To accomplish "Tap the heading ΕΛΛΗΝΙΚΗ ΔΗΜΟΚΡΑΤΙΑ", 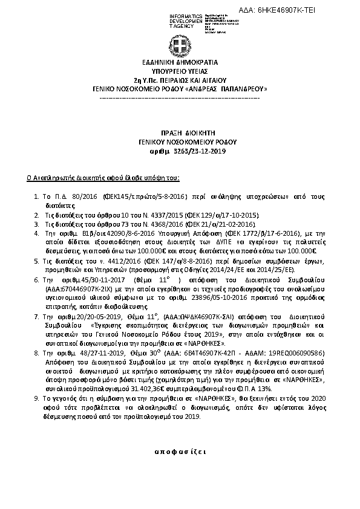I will pyautogui.click(x=179, y=62).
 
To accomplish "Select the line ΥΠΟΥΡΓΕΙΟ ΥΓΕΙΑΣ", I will pyautogui.click(x=179, y=71).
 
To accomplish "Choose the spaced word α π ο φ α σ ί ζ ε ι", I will pyautogui.click(x=180, y=452).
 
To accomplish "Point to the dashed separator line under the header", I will pyautogui.click(x=179, y=97).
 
